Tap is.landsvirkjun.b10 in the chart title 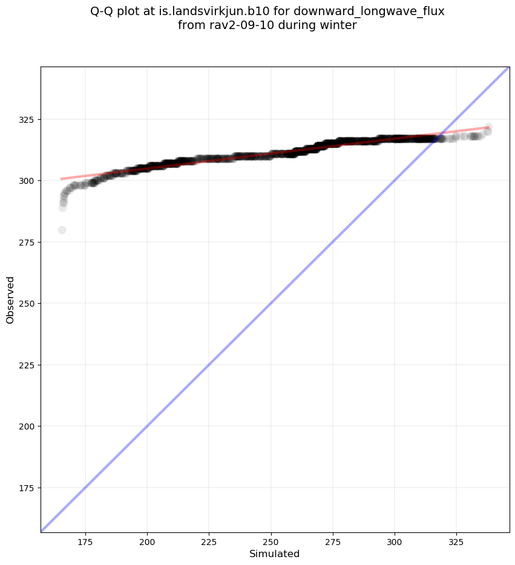210,11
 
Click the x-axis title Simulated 275,554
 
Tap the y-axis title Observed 10,299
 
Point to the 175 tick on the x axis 85,540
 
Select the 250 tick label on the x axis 271,540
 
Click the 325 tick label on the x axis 456,540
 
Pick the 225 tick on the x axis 209,540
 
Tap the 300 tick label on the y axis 28,180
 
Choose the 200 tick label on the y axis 28,426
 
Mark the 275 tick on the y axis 28,242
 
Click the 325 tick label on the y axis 28,119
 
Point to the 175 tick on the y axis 28,488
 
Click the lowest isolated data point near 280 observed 62,230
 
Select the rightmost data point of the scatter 488,127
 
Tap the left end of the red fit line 61,178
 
